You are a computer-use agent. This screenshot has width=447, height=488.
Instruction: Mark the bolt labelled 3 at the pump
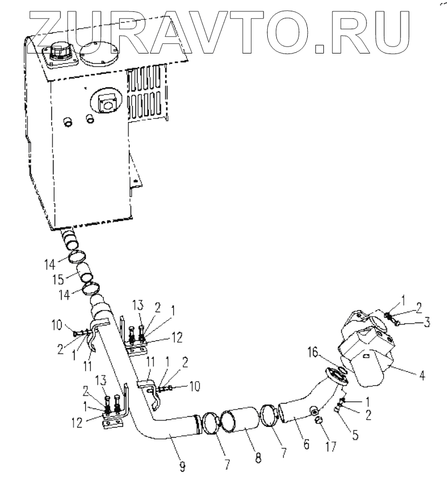click(395, 323)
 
